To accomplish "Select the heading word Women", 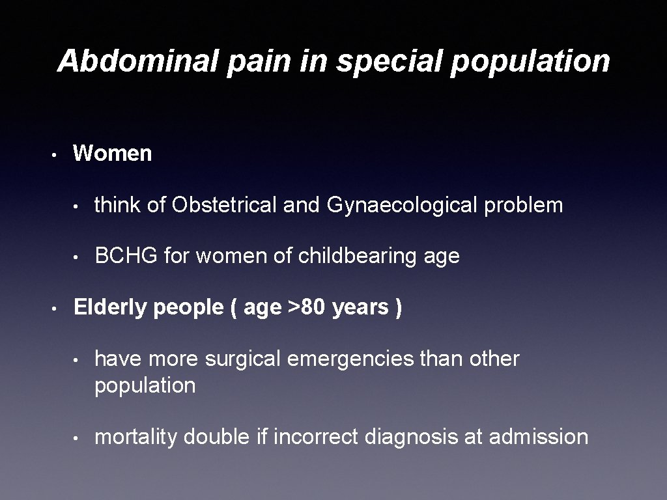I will click(x=113, y=154).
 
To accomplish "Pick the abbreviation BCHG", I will click(x=126, y=257).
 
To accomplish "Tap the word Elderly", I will click(x=110, y=307).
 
